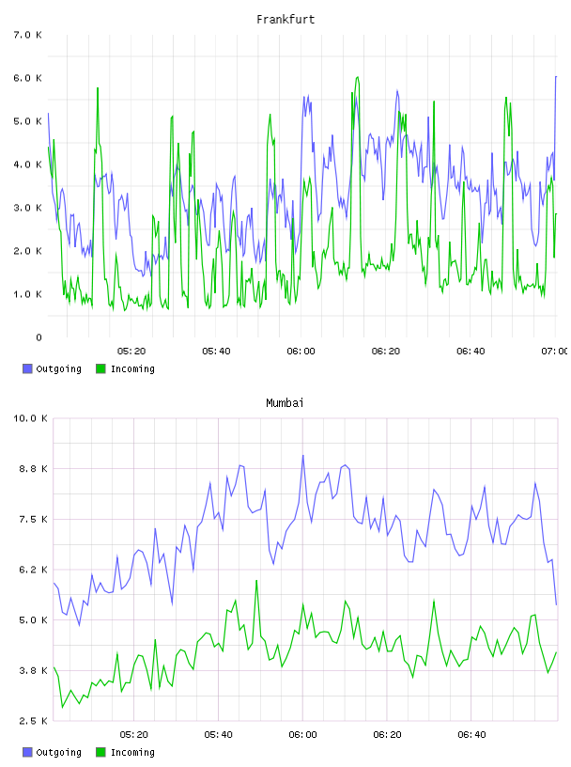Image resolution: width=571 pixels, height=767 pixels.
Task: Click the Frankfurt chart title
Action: pos(285,20)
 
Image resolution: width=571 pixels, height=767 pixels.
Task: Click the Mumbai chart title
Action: pos(285,403)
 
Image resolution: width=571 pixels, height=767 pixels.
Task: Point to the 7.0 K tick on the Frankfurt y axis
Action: pos(28,35)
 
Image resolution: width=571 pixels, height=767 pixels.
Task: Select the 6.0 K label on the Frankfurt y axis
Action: pos(28,78)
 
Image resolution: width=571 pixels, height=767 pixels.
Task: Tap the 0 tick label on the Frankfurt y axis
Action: pos(39,337)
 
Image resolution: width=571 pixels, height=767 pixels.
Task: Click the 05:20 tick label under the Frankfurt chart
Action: pos(131,351)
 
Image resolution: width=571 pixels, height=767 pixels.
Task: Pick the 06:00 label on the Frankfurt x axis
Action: pos(301,351)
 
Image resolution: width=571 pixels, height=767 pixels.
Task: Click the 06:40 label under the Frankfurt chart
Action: pos(471,351)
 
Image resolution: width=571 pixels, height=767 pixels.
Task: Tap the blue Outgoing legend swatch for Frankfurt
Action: pos(27,368)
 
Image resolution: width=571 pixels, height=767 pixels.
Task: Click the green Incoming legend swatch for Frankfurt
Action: pos(100,368)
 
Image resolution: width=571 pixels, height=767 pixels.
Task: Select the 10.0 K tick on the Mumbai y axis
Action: pos(30,418)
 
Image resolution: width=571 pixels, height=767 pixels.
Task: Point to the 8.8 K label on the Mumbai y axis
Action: pos(33,469)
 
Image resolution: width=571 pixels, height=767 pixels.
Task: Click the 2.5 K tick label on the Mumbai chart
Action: pos(33,721)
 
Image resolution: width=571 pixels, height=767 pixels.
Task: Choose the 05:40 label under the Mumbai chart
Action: pos(219,734)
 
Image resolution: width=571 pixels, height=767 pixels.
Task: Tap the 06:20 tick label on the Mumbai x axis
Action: pos(387,734)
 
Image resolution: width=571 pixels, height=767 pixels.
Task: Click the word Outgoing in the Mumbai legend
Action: pos(58,752)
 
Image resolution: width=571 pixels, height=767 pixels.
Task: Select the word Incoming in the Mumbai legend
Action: pos(132,752)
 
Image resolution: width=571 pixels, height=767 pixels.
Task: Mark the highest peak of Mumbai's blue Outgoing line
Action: pos(303,455)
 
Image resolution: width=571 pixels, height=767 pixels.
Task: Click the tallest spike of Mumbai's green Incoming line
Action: pos(256,581)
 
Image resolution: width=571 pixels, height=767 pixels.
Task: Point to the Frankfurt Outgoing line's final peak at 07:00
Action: pos(556,77)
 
